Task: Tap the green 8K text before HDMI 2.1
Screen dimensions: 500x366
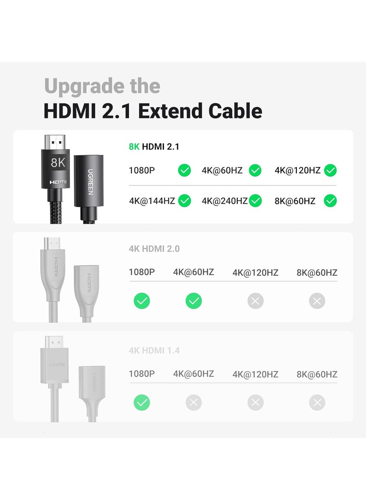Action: [x=135, y=147]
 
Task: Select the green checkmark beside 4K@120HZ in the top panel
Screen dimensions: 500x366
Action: [x=330, y=171]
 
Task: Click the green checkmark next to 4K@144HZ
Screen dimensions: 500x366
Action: [x=184, y=200]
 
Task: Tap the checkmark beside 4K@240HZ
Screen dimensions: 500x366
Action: [x=255, y=200]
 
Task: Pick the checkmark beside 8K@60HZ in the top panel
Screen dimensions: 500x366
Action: [x=330, y=200]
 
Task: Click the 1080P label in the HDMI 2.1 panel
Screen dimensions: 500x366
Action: [x=142, y=171]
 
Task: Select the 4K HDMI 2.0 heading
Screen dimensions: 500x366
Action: [x=154, y=249]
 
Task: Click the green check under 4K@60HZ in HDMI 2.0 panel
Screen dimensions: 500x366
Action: [x=194, y=301]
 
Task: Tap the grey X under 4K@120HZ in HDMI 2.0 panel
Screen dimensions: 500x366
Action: [x=255, y=301]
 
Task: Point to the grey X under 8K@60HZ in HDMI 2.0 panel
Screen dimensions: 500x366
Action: [x=317, y=301]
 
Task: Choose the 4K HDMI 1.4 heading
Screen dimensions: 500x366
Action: [x=154, y=351]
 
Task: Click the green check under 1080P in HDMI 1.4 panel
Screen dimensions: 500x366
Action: [x=142, y=403]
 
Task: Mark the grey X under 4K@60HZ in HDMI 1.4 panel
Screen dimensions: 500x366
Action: [x=194, y=403]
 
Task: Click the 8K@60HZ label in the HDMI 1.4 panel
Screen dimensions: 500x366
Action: [x=317, y=374]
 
